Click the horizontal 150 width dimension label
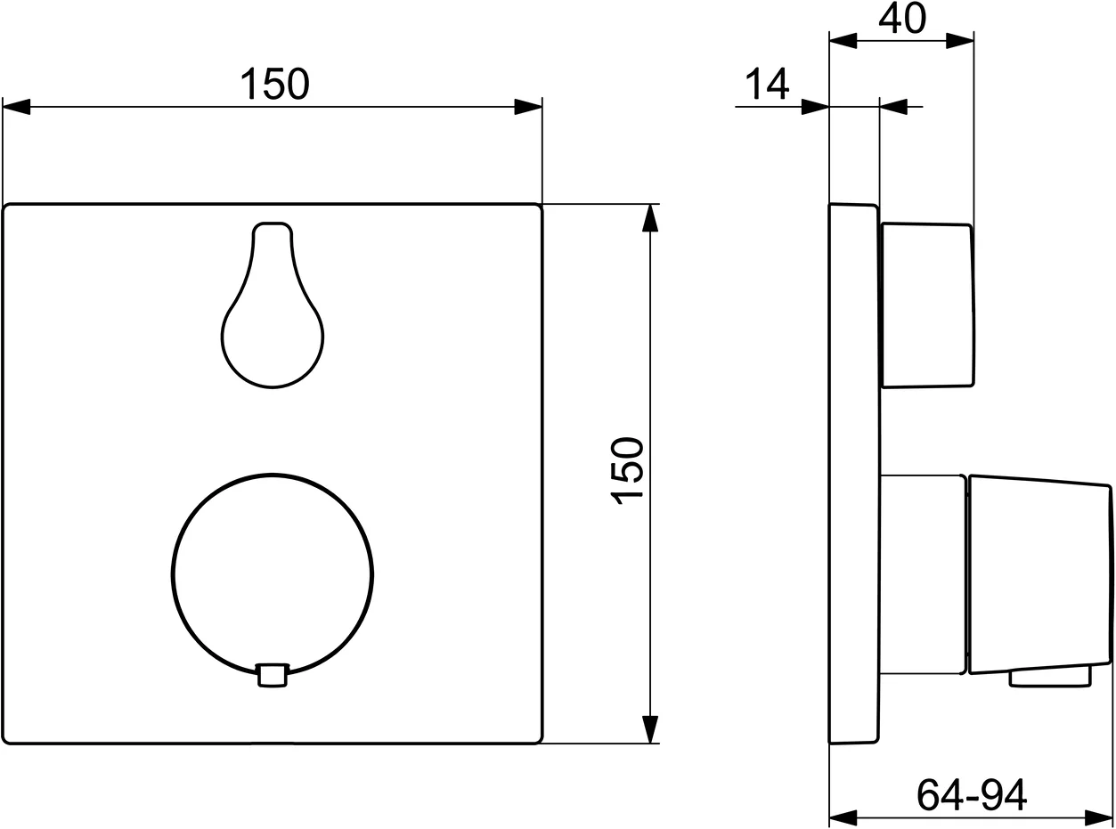pyautogui.click(x=274, y=84)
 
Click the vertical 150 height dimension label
pyautogui.click(x=628, y=471)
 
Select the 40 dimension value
pyautogui.click(x=901, y=18)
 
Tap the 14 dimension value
pyautogui.click(x=766, y=84)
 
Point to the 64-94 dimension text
pyautogui.click(x=971, y=793)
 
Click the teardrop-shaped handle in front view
pyautogui.click(x=273, y=321)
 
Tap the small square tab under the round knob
pyautogui.click(x=273, y=675)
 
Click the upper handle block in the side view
pyautogui.click(x=926, y=305)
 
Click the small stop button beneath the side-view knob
pyautogui.click(x=1050, y=678)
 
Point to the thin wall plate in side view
pyautogui.click(x=853, y=472)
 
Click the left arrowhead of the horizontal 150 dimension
pyautogui.click(x=16, y=107)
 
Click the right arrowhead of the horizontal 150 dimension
pyautogui.click(x=529, y=107)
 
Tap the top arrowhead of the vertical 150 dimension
pyautogui.click(x=651, y=218)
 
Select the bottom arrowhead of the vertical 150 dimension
pyautogui.click(x=651, y=729)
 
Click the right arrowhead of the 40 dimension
pyautogui.click(x=960, y=40)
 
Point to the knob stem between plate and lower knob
pyautogui.click(x=922, y=574)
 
